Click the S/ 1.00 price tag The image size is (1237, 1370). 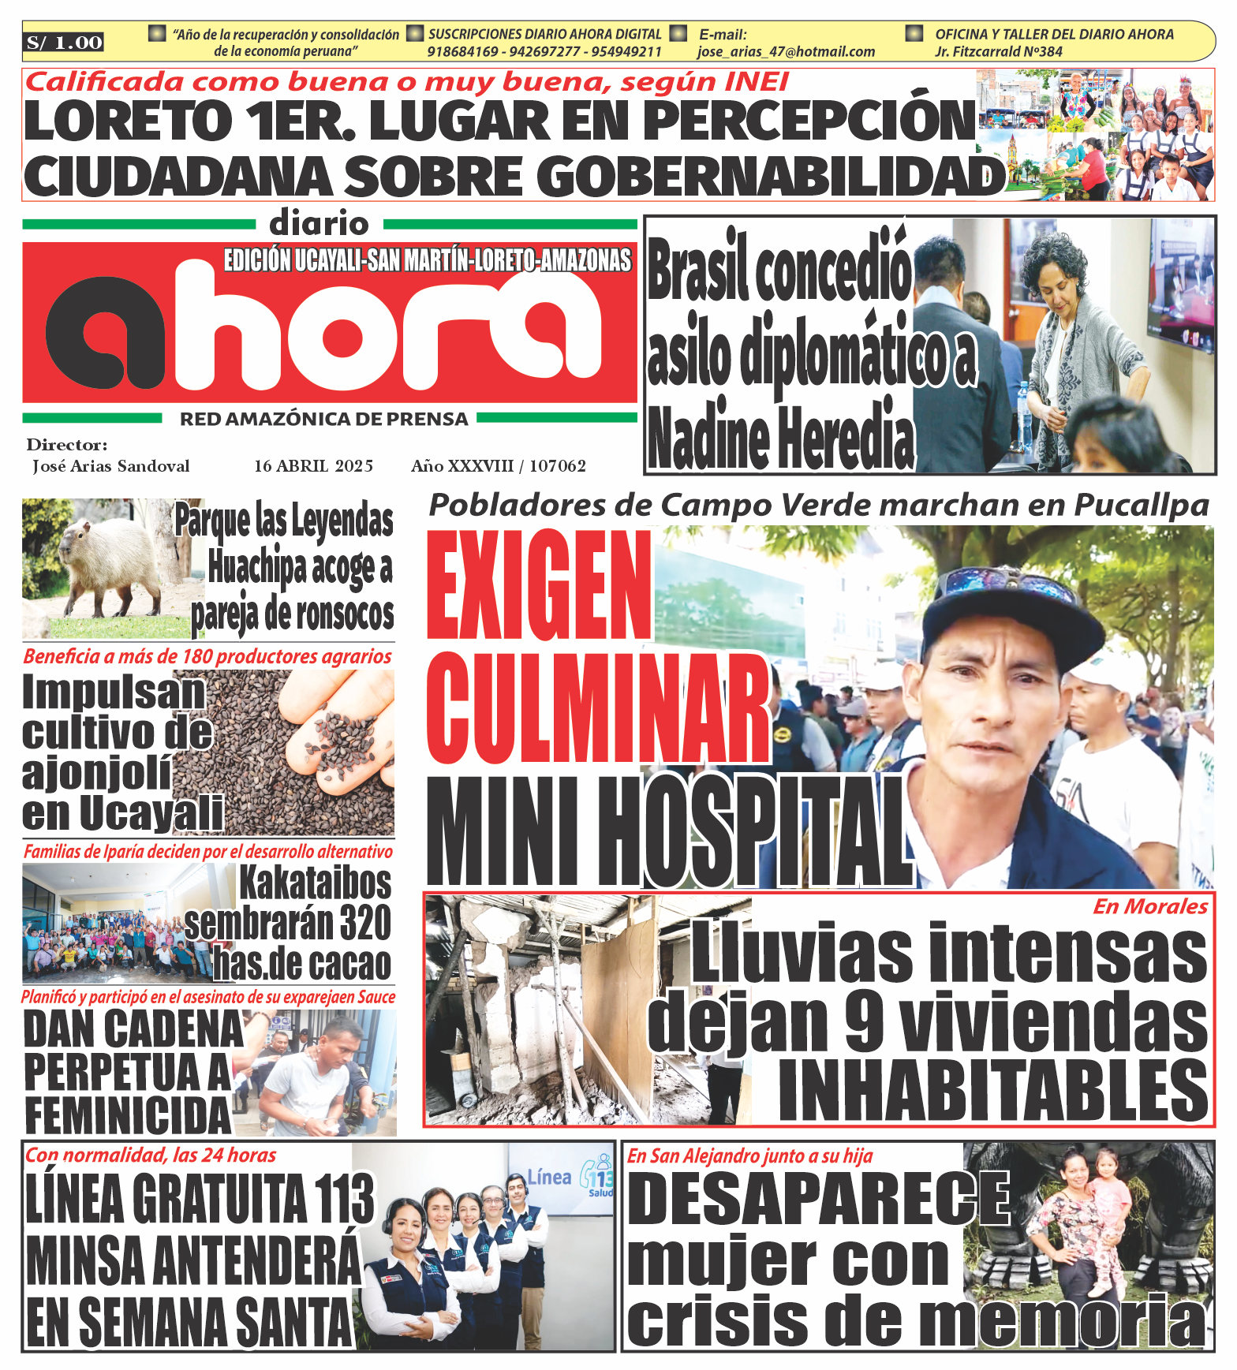(64, 43)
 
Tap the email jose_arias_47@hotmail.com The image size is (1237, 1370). (786, 52)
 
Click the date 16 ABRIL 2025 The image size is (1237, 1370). (313, 466)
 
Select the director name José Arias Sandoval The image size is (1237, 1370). (111, 466)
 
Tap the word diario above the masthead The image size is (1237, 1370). (319, 225)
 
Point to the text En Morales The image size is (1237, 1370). (1149, 907)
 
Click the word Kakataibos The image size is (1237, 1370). (316, 883)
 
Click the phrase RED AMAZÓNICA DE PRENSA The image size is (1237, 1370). (324, 420)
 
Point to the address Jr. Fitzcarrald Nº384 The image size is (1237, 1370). (998, 52)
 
